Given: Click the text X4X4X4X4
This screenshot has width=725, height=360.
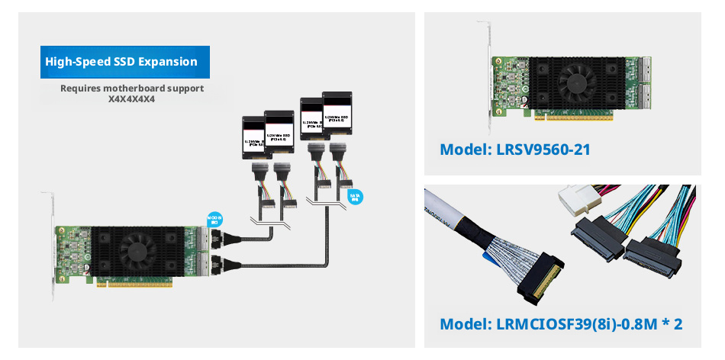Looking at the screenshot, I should pyautogui.click(x=132, y=99).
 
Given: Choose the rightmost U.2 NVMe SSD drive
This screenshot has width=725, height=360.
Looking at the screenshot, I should pyautogui.click(x=339, y=116).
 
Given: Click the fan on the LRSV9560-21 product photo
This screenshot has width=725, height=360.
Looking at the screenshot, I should pyautogui.click(x=578, y=76).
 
